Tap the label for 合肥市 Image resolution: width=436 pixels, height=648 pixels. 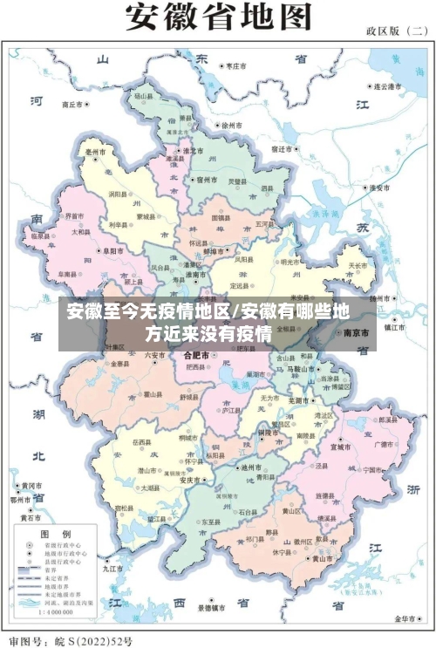coord(196,356)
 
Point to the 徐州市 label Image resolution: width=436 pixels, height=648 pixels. coord(235,126)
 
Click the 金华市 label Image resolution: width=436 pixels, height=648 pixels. coord(405,617)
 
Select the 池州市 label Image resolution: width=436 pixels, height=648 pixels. coord(254,468)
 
